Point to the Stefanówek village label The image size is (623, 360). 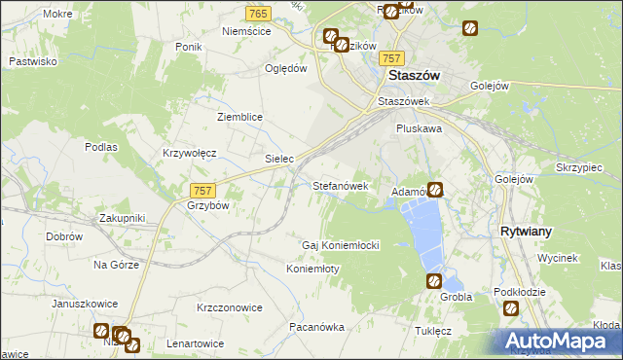point(340,185)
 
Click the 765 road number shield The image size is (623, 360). point(258,13)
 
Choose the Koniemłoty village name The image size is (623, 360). point(312,269)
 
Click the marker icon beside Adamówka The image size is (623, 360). point(435,191)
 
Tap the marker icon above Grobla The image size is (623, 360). point(434,281)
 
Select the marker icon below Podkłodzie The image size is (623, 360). point(512,308)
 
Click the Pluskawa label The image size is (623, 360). point(420,127)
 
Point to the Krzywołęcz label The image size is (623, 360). point(189,154)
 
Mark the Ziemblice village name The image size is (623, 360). point(239,117)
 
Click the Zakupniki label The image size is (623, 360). point(122,219)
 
